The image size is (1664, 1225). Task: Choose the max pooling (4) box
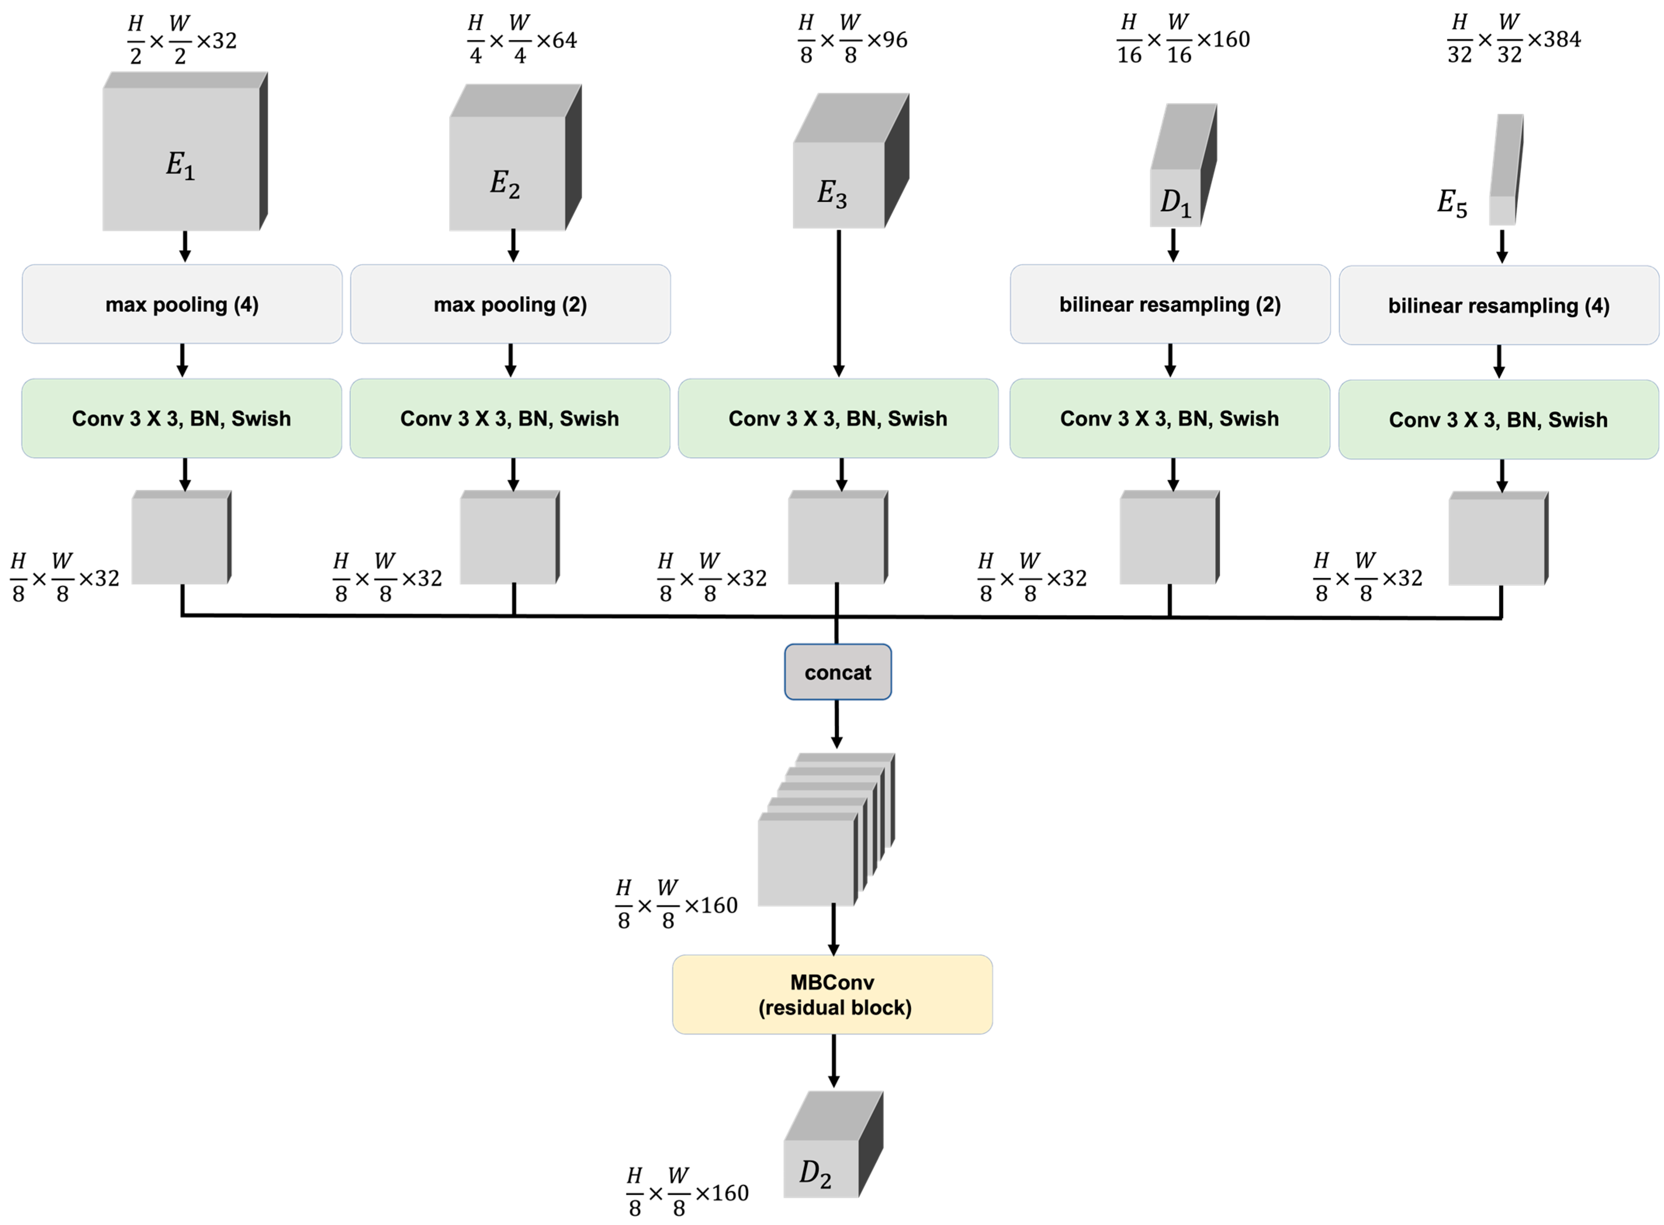pyautogui.click(x=182, y=304)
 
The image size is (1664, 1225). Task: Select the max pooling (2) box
pyautogui.click(x=510, y=304)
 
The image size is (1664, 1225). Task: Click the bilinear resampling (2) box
pyautogui.click(x=1170, y=304)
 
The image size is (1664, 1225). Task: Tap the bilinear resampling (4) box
pyautogui.click(x=1498, y=305)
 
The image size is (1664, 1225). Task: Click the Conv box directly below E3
pyautogui.click(x=838, y=418)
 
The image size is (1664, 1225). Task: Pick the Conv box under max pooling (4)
pyautogui.click(x=182, y=418)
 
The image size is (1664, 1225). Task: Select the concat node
pyautogui.click(x=837, y=672)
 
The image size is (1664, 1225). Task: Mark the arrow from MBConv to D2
pyautogui.click(x=834, y=1060)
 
